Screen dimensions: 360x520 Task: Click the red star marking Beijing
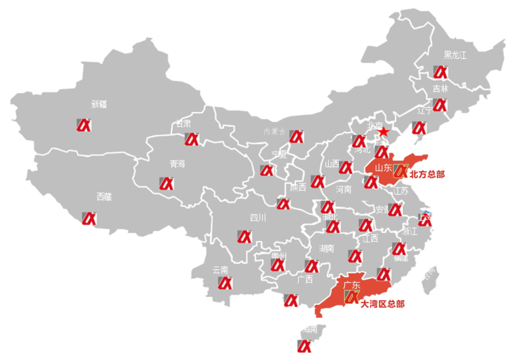pyautogui.click(x=383, y=132)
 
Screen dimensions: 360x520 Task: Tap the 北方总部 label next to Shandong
pyautogui.click(x=427, y=175)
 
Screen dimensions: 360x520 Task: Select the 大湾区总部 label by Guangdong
pyautogui.click(x=382, y=304)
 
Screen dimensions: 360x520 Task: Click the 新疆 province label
pyautogui.click(x=99, y=104)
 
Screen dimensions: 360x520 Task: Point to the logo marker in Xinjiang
pyautogui.click(x=84, y=125)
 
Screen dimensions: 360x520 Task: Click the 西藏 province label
pyautogui.click(x=104, y=197)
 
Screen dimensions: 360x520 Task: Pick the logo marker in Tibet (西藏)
pyautogui.click(x=89, y=218)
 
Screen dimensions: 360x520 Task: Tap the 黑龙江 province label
pyautogui.click(x=455, y=56)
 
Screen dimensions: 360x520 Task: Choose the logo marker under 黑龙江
pyautogui.click(x=440, y=72)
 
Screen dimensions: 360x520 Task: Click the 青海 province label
pyautogui.click(x=178, y=164)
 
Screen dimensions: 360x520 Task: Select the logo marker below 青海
pyautogui.click(x=166, y=184)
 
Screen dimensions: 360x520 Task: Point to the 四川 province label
pyautogui.click(x=258, y=218)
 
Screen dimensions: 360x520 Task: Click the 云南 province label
pyautogui.click(x=220, y=269)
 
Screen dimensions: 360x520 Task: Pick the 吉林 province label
pyautogui.click(x=440, y=89)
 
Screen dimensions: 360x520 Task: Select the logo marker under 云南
pyautogui.click(x=225, y=282)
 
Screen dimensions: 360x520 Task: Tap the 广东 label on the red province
pyautogui.click(x=351, y=284)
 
